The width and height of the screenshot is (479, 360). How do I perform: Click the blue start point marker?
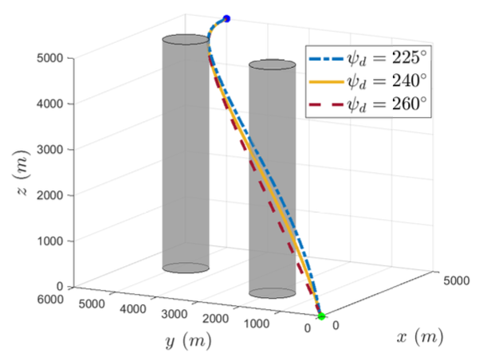click(226, 18)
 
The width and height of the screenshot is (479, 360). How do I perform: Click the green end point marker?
click(321, 316)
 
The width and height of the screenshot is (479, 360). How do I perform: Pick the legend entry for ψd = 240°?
click(368, 80)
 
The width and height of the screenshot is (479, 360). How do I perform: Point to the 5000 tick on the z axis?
click(53, 58)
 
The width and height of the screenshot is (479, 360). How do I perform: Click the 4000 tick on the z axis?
click(53, 104)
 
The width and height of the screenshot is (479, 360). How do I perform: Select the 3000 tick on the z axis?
click(53, 149)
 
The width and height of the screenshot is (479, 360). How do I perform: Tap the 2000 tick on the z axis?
click(53, 195)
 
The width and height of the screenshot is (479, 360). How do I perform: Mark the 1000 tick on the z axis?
click(53, 241)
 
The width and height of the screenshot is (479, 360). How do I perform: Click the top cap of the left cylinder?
click(186, 40)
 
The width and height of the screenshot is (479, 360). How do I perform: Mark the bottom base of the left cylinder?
click(186, 268)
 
